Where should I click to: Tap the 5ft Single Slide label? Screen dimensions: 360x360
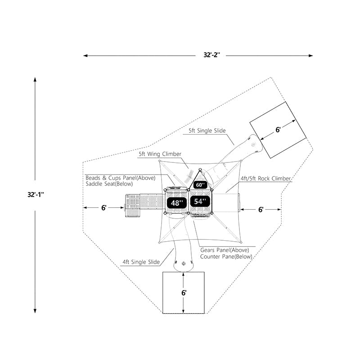(x=207, y=131)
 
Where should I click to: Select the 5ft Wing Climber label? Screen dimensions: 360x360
(x=160, y=154)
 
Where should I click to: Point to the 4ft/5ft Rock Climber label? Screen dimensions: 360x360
(x=266, y=179)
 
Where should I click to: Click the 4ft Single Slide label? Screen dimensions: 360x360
(x=141, y=262)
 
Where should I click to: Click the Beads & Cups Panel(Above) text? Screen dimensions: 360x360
(x=120, y=178)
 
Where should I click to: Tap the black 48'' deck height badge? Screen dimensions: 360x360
(x=177, y=203)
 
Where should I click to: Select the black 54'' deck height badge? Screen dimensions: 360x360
(x=200, y=202)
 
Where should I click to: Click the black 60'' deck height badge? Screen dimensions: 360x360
(x=200, y=184)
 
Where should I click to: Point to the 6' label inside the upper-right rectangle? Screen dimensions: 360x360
(x=278, y=130)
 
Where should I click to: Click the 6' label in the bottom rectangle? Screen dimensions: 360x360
(x=184, y=292)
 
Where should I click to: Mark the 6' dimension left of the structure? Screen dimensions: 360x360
(x=103, y=208)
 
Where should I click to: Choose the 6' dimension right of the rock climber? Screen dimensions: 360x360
(x=261, y=210)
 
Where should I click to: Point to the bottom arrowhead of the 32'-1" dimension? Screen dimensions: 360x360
(x=35, y=310)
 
